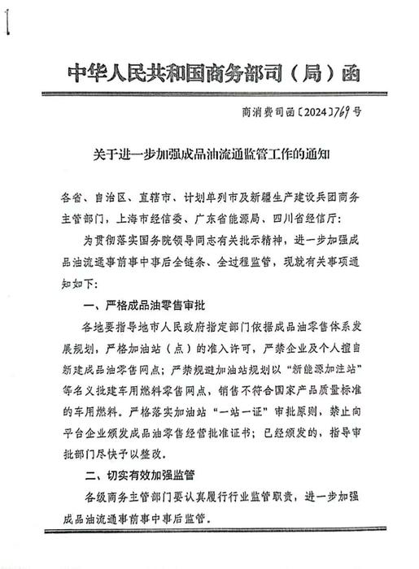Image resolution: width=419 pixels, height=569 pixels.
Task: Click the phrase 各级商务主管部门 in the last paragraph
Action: pos(132,494)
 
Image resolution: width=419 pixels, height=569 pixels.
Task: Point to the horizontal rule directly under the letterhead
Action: pos(210,95)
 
